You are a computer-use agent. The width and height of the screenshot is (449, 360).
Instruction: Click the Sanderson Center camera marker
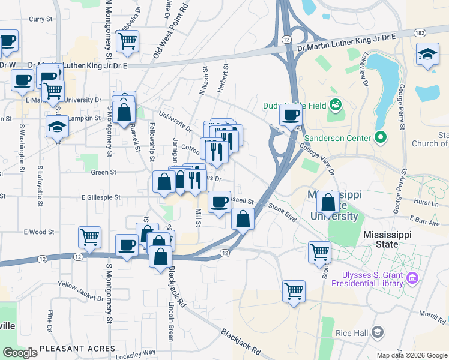tap(379, 137)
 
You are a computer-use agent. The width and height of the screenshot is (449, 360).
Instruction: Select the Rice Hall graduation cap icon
tap(377, 332)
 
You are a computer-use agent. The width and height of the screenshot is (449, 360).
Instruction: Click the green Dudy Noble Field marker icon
tap(336, 106)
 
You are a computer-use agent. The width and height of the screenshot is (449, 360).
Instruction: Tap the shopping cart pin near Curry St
tap(127, 41)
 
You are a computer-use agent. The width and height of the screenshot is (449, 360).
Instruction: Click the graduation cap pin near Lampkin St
tap(57, 127)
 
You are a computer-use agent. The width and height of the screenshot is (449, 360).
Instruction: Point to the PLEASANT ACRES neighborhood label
tap(77, 349)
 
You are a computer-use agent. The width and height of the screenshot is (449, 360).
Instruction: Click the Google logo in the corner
tap(20, 352)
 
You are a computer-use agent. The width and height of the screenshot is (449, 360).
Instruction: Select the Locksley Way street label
tap(136, 354)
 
